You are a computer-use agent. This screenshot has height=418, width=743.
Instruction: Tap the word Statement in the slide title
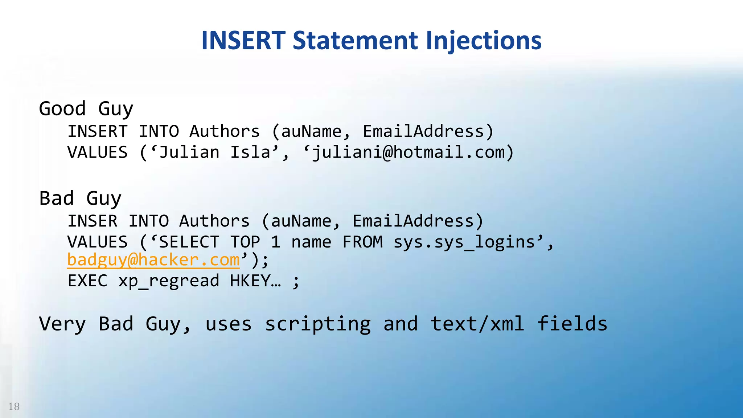(x=355, y=40)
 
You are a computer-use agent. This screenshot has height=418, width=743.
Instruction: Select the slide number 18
(x=14, y=406)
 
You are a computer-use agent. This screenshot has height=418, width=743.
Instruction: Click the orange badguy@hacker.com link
(x=153, y=260)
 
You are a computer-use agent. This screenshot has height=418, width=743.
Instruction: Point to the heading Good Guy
(x=86, y=108)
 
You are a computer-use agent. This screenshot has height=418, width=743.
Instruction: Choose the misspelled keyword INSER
(x=93, y=221)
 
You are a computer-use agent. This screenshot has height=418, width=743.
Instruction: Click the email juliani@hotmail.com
(x=409, y=152)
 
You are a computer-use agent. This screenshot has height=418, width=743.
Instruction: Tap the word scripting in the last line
(x=318, y=324)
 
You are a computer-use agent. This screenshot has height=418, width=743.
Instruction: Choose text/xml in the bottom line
(x=477, y=324)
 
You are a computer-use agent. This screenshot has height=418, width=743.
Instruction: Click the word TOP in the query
(x=245, y=242)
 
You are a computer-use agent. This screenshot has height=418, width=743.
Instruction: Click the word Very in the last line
(x=62, y=324)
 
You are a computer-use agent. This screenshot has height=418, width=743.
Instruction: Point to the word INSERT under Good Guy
(x=98, y=131)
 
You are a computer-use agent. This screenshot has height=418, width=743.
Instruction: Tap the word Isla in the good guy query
(x=251, y=152)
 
